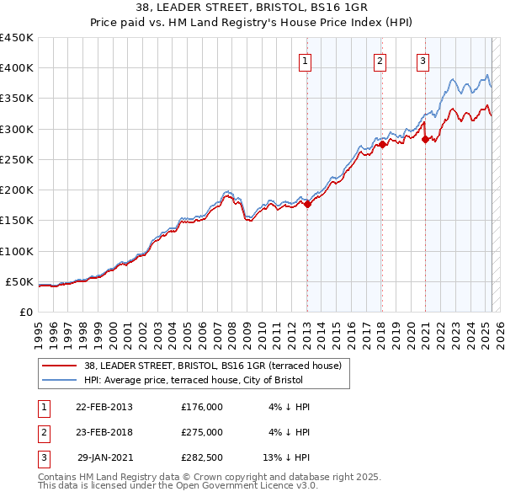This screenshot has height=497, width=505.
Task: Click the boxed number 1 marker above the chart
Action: pos(304,61)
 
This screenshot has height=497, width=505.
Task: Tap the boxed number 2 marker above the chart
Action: pos(380,61)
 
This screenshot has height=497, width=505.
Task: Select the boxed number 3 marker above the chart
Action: pos(422,61)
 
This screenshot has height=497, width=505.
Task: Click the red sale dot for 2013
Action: pos(307,203)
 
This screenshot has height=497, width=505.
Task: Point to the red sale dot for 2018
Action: pos(382,144)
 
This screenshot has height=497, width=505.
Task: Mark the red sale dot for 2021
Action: pos(425,139)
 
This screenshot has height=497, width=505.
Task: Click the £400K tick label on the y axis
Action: pos(17,68)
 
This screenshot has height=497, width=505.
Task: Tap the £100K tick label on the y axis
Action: pos(17,251)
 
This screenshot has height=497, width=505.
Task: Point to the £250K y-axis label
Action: pos(17,159)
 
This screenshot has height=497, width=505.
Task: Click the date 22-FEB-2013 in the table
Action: pos(104,407)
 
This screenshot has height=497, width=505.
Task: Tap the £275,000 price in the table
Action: pos(202,432)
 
